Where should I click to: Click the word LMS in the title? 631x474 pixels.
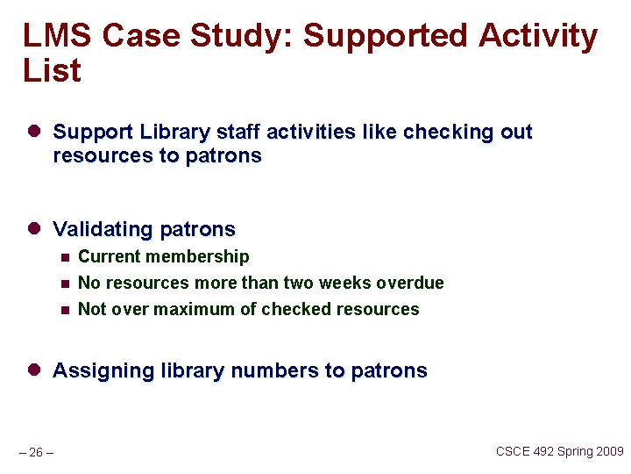pos(58,36)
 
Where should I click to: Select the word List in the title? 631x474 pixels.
pos(52,71)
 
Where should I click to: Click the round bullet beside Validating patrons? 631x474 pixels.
pos(34,228)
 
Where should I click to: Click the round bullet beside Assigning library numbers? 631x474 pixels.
pos(34,370)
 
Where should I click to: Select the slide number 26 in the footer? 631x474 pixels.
pos(36,453)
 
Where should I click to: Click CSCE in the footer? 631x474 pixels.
pos(514,451)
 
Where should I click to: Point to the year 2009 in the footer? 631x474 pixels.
pos(608,451)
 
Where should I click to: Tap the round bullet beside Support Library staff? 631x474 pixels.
pos(34,132)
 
